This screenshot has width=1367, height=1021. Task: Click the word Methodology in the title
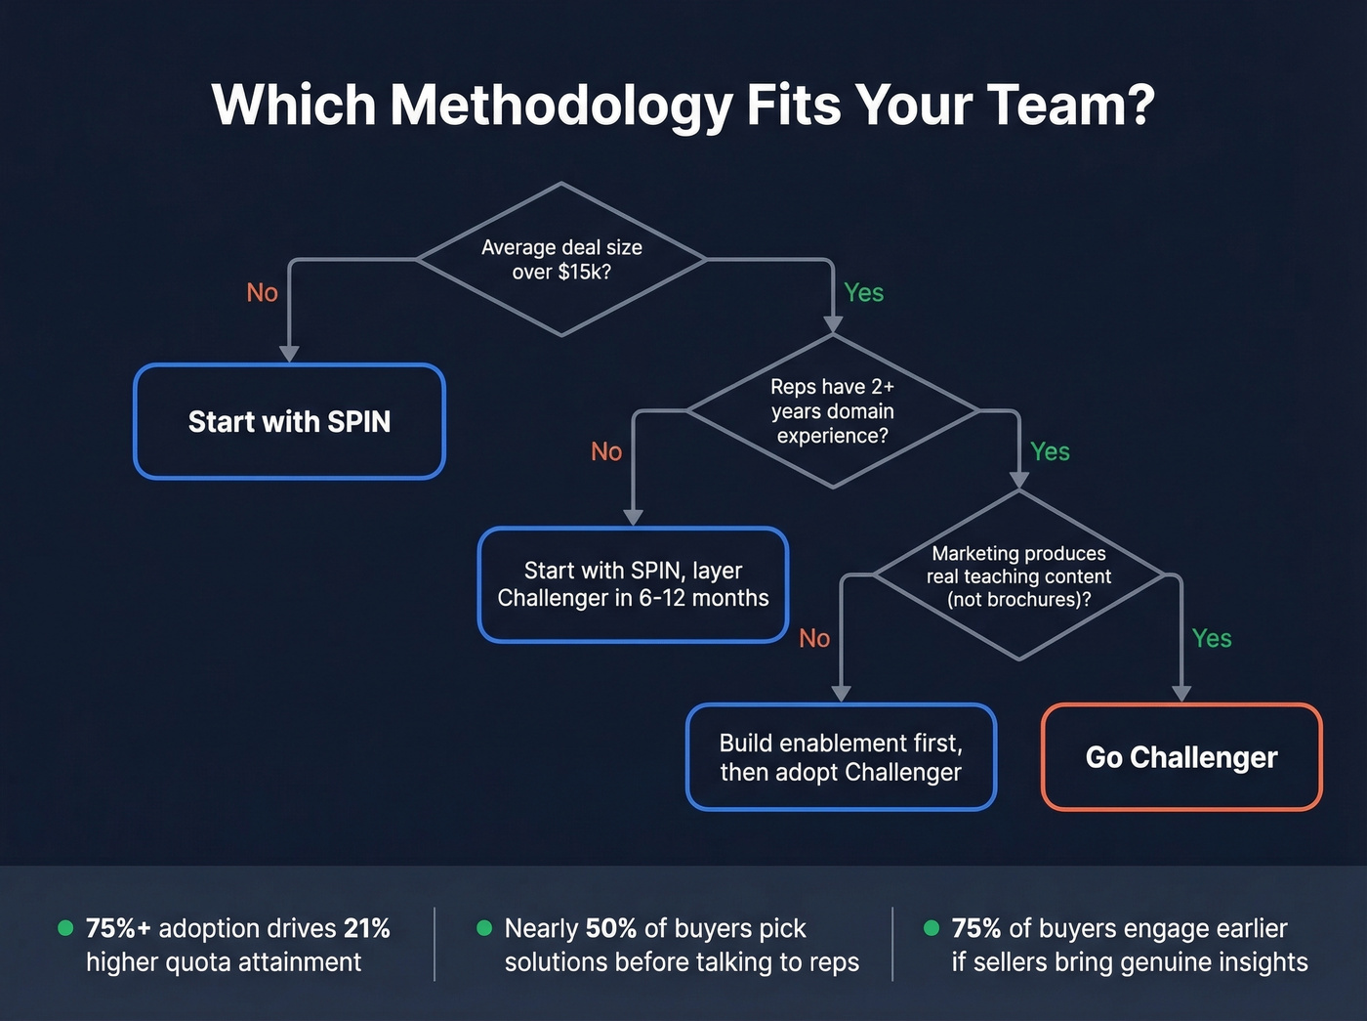(560, 106)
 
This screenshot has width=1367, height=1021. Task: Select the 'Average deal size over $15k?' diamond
(561, 259)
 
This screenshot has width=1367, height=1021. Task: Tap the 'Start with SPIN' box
(289, 421)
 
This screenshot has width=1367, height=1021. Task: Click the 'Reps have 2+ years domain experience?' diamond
(832, 411)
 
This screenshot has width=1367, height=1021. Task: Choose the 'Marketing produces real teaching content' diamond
(1018, 575)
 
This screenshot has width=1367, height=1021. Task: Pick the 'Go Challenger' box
(1181, 757)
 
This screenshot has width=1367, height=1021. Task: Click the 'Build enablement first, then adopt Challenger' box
(841, 757)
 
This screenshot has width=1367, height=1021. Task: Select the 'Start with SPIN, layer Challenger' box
(633, 584)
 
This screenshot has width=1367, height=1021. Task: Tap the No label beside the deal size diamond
(262, 293)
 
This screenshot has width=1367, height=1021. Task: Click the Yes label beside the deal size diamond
(863, 293)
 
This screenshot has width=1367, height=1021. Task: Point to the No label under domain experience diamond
(606, 451)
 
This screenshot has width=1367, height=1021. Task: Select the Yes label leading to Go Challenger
(1211, 638)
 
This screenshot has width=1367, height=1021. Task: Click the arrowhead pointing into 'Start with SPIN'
(289, 354)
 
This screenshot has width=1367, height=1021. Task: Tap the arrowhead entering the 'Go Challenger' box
(1181, 693)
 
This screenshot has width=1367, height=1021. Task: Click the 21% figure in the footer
(366, 928)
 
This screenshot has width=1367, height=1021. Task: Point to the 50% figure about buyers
(611, 928)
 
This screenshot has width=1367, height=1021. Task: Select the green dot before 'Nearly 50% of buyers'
(484, 927)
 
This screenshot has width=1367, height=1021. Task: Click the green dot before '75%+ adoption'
(65, 927)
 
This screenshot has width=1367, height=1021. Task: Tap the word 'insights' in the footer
(1256, 962)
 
